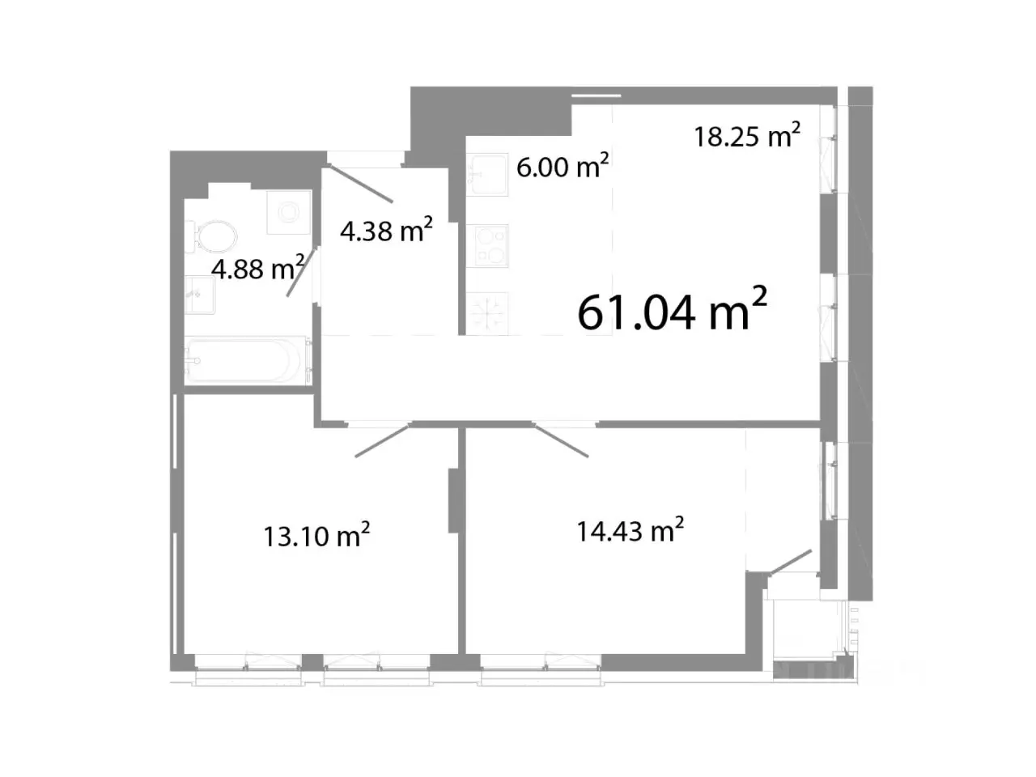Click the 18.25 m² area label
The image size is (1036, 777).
[x=747, y=135]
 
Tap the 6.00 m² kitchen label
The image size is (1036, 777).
[x=563, y=166]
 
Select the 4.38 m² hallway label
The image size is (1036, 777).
[x=386, y=230]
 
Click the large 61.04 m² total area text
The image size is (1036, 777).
[x=672, y=309]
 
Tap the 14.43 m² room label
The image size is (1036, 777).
[x=630, y=529]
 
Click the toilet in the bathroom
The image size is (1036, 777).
[x=211, y=237]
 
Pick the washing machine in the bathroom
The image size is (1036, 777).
[x=289, y=212]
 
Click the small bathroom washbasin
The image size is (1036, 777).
[x=200, y=295]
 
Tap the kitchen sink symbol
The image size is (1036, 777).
[x=486, y=174]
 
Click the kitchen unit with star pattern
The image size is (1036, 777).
[x=487, y=313]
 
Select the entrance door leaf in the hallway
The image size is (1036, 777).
[x=361, y=183]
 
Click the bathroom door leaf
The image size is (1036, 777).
[x=301, y=272]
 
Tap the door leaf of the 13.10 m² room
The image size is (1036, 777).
[x=383, y=440]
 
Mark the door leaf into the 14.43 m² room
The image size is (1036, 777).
[x=561, y=440]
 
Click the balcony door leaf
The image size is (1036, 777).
[x=791, y=562]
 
